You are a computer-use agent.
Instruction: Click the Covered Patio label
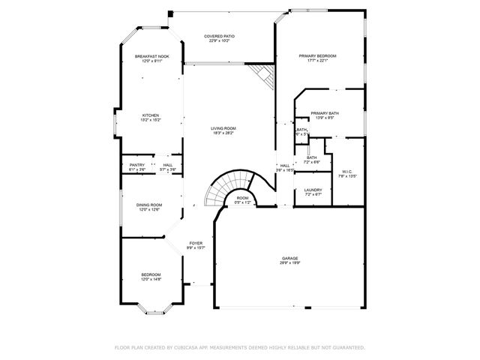click(222, 35)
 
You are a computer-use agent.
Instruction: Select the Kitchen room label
click(151, 115)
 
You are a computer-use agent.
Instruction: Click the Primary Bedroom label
click(317, 56)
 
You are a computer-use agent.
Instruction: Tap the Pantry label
click(137, 165)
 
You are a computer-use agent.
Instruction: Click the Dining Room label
click(149, 205)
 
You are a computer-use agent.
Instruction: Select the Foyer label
click(196, 243)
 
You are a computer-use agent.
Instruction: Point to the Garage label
click(289, 259)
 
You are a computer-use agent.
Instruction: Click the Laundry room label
click(313, 190)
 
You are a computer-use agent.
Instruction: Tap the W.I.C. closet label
click(347, 172)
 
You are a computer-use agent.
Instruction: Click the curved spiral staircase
click(228, 187)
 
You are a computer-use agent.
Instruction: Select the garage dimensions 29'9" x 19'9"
click(289, 263)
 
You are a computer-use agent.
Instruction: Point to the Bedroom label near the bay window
click(151, 274)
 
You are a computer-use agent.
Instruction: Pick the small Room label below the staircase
click(242, 198)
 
